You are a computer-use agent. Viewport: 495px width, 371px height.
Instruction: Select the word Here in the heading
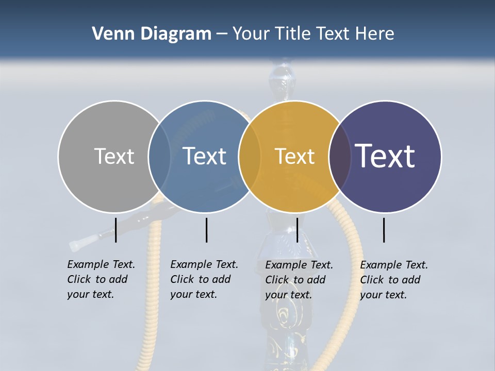click(375, 34)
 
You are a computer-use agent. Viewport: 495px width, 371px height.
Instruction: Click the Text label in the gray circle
click(114, 156)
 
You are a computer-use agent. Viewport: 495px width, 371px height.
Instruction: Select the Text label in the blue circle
click(205, 156)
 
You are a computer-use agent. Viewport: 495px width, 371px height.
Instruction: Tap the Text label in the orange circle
click(294, 156)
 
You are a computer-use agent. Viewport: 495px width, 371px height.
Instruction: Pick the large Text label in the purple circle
click(385, 156)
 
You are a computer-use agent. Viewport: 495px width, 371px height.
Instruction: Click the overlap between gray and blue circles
click(159, 156)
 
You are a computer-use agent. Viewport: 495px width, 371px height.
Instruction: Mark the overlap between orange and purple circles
click(340, 156)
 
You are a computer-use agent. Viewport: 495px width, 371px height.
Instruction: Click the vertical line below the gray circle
click(116, 230)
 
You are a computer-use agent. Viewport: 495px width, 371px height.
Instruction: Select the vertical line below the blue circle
click(206, 230)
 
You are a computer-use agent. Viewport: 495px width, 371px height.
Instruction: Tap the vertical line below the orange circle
click(298, 230)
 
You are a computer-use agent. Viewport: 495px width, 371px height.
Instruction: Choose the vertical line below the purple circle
click(384, 230)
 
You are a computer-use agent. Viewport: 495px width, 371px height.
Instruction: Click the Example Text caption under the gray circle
click(101, 279)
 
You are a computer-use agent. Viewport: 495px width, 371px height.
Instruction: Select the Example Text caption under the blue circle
click(204, 279)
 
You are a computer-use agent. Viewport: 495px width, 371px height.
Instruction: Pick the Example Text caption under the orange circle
click(299, 280)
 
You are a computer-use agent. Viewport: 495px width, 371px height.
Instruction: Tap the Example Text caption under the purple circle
click(393, 280)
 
